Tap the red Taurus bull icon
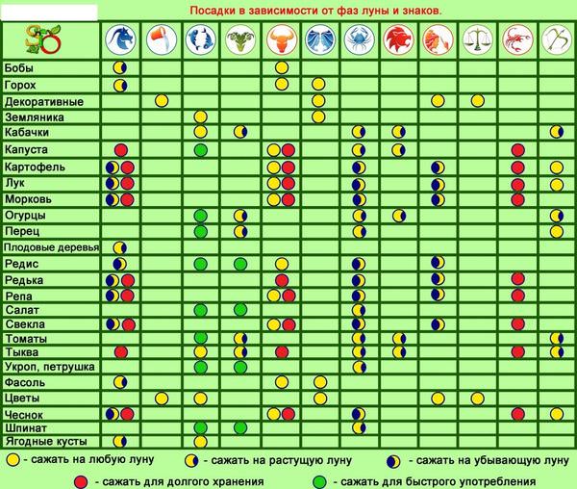[281, 39]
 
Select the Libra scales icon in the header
[476, 39]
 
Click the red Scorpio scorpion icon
[516, 39]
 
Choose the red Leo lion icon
[396, 39]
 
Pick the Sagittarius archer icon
[556, 39]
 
